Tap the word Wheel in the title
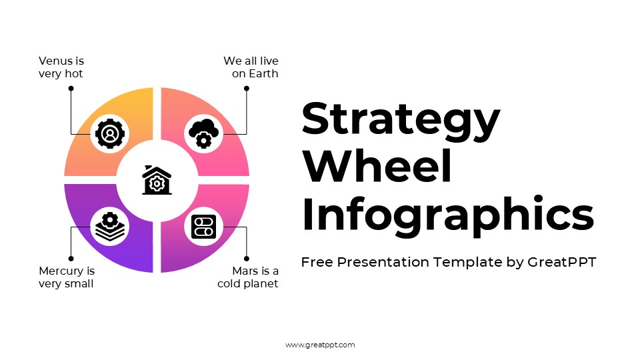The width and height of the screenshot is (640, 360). [377, 167]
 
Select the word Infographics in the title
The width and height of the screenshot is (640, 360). [447, 215]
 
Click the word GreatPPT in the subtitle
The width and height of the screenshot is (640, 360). [561, 262]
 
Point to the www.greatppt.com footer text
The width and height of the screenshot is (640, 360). [320, 345]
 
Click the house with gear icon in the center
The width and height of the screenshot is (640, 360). [157, 180]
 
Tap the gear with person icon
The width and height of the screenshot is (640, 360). [110, 133]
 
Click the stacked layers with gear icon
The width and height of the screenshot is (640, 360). [110, 227]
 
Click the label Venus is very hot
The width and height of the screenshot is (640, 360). [61, 67]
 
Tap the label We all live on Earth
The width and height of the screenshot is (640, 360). [251, 67]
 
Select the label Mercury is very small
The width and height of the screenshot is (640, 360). [67, 277]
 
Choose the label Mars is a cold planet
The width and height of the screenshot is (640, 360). [248, 277]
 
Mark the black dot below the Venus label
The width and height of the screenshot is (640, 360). [71, 88]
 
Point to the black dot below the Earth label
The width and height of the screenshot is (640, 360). [246, 88]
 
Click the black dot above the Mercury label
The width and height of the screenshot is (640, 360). [71, 258]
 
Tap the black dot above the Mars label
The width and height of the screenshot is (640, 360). [246, 258]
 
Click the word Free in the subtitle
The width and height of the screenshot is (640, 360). [317, 262]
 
